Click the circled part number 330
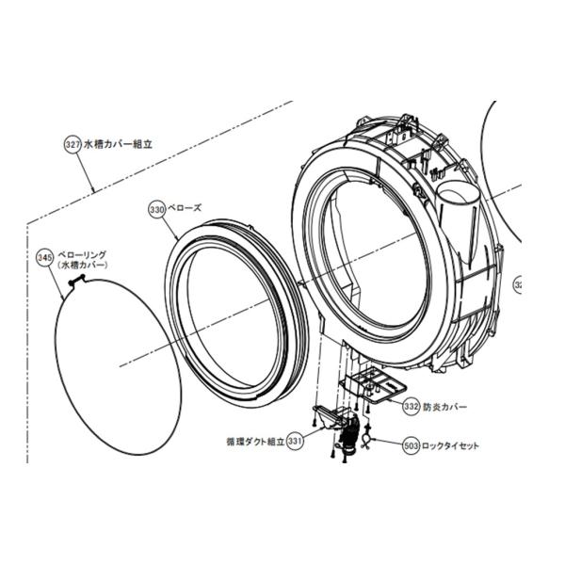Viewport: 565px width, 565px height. (157, 210)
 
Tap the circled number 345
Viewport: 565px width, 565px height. (44, 256)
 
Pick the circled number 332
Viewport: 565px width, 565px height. (411, 407)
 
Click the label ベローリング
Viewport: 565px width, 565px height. (82, 254)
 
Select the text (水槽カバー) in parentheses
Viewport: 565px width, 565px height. (82, 266)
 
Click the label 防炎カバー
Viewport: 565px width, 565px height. (444, 408)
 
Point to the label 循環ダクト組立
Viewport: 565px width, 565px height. (250, 440)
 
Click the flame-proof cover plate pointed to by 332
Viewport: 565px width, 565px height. (373, 383)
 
